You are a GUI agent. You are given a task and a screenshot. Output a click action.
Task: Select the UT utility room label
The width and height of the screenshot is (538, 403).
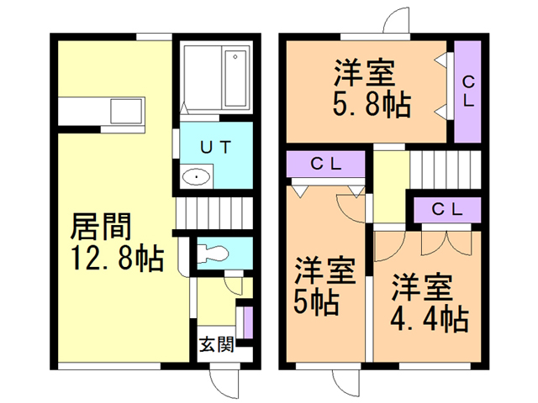coord(215,144)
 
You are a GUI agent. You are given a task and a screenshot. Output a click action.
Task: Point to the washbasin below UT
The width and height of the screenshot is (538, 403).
coord(196,177)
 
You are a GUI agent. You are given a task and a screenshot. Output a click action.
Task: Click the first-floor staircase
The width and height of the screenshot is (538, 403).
coord(215,213)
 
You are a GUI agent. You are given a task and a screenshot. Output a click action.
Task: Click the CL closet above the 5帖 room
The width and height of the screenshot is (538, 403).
coord(325,165)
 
